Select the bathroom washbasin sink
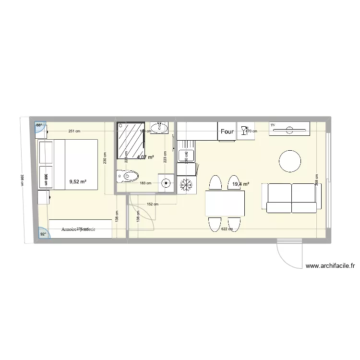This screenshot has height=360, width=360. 158,128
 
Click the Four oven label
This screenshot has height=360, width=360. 227,131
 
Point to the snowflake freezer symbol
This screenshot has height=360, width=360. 186,184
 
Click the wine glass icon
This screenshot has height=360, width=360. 244,129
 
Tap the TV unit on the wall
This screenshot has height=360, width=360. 289,129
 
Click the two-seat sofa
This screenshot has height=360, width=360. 291,198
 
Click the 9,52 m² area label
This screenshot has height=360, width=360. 78,181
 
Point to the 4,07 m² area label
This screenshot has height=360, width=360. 145,157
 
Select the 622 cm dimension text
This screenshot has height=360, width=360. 227,229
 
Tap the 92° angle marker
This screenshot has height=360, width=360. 42,234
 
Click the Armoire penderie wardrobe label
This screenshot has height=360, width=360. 78,229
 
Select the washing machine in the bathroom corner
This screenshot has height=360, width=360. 166,182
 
